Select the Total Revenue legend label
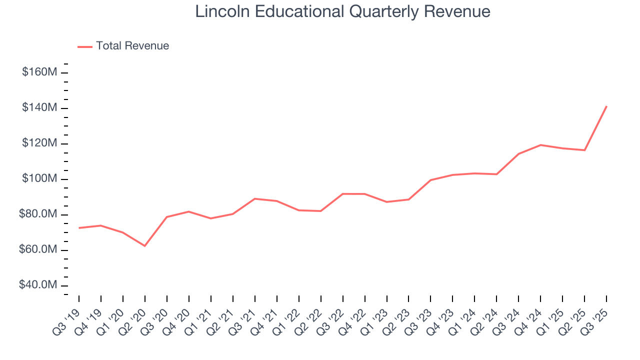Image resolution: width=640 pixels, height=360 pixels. [132, 46]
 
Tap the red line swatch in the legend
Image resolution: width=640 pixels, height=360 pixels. [85, 46]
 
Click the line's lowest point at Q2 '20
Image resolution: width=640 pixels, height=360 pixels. [145, 246]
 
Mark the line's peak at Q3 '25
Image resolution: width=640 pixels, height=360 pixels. [606, 106]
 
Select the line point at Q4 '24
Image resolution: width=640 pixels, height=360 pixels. [540, 145]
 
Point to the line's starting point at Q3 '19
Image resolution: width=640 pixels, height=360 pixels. [79, 228]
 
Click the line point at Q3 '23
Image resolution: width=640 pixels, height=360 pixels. [430, 180]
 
